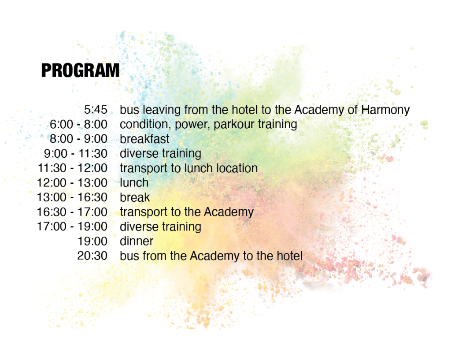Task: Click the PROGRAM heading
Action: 80,70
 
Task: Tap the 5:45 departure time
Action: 96,110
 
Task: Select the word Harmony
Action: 385,111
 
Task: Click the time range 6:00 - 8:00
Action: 78,124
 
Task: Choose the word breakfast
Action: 144,139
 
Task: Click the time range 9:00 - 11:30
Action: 76,154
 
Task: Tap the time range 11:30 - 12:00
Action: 73,168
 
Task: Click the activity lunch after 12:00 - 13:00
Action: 134,183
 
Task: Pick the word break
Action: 135,197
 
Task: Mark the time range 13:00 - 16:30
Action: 72,197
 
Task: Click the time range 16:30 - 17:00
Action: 72,212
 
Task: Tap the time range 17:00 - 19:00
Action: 72,226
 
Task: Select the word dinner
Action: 137,241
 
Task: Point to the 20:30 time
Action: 92,256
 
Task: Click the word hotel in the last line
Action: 290,256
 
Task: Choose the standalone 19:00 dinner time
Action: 92,241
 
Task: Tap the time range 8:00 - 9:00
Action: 78,139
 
